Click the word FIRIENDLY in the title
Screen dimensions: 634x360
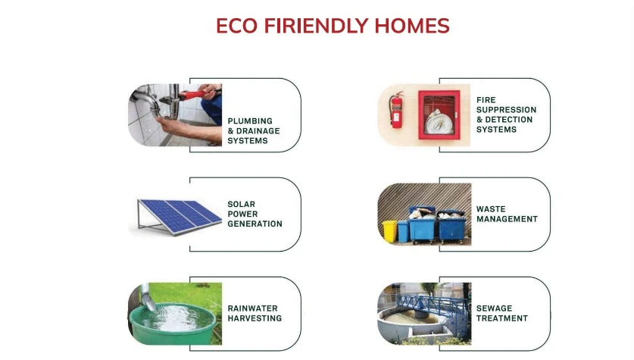pos(316,26)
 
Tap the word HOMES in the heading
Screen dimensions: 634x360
pos(412,26)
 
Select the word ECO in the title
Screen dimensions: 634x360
pos(236,26)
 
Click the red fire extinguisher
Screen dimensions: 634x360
pos(396,110)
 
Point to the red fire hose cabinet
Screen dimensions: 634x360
pos(439,115)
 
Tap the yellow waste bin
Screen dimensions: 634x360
pos(390,231)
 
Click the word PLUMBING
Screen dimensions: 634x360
pos(250,121)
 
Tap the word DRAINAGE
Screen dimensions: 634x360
pos(258,130)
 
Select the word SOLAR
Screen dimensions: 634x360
pos(242,205)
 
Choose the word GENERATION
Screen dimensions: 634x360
pos(255,224)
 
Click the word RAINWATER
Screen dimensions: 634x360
pos(253,308)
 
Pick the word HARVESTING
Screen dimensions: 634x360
pos(255,318)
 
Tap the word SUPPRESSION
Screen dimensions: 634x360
pos(506,110)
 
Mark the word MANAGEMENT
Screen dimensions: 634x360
pos(507,219)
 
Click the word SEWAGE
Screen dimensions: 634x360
pos(494,308)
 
